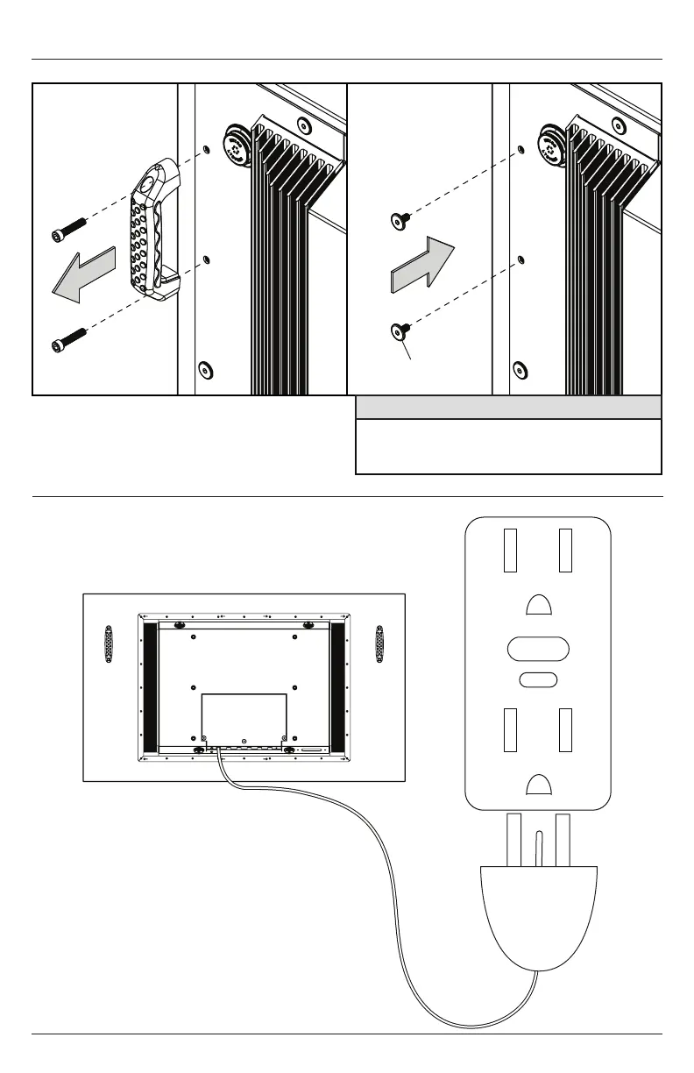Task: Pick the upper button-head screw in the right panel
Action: pyautogui.click(x=398, y=218)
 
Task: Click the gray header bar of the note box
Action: pyautogui.click(x=508, y=408)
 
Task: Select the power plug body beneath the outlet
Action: pyautogui.click(x=538, y=912)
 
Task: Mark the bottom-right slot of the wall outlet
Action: pyautogui.click(x=565, y=728)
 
